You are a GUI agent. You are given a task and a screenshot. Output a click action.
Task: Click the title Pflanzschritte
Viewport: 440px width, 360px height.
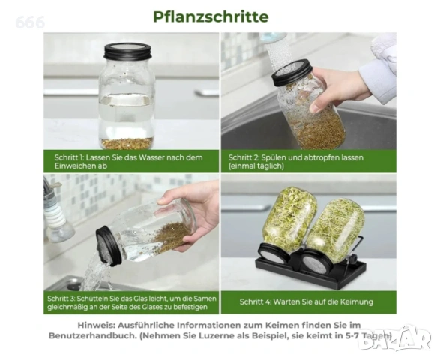(211, 16)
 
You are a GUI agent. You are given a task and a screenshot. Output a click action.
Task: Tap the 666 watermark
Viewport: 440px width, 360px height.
(30, 22)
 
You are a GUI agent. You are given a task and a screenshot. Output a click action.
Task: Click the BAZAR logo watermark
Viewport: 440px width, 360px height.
(395, 339)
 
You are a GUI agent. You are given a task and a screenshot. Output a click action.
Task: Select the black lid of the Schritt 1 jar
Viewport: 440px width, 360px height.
(127, 52)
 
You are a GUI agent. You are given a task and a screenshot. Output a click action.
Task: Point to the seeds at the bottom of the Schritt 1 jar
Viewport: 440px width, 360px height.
(127, 143)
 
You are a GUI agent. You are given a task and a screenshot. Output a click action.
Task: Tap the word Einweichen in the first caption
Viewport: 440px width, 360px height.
(73, 166)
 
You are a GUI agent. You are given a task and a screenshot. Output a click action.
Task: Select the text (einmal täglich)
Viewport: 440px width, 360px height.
(256, 166)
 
